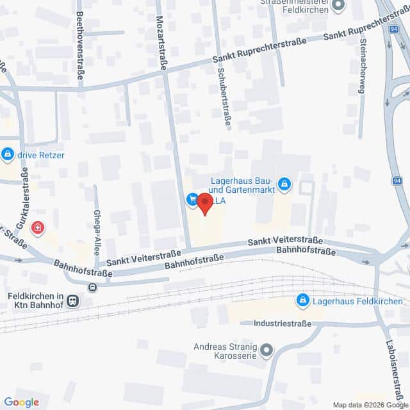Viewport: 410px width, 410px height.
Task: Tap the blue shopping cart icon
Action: pos(192,200)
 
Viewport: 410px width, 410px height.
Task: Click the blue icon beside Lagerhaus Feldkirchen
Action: pos(303,300)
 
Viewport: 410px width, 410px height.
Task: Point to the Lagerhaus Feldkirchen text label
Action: pos(357,300)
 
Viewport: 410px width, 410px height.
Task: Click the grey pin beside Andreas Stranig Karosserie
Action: pos(267,350)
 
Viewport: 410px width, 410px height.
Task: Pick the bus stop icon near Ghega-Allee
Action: pos(93,288)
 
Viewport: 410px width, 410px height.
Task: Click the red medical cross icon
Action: pos(39,227)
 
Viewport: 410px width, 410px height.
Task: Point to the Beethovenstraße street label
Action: pos(80,45)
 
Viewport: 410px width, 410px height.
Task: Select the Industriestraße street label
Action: pos(283,324)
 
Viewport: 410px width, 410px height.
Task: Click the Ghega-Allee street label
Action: pos(97,232)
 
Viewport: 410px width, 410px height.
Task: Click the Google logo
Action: pos(21,402)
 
